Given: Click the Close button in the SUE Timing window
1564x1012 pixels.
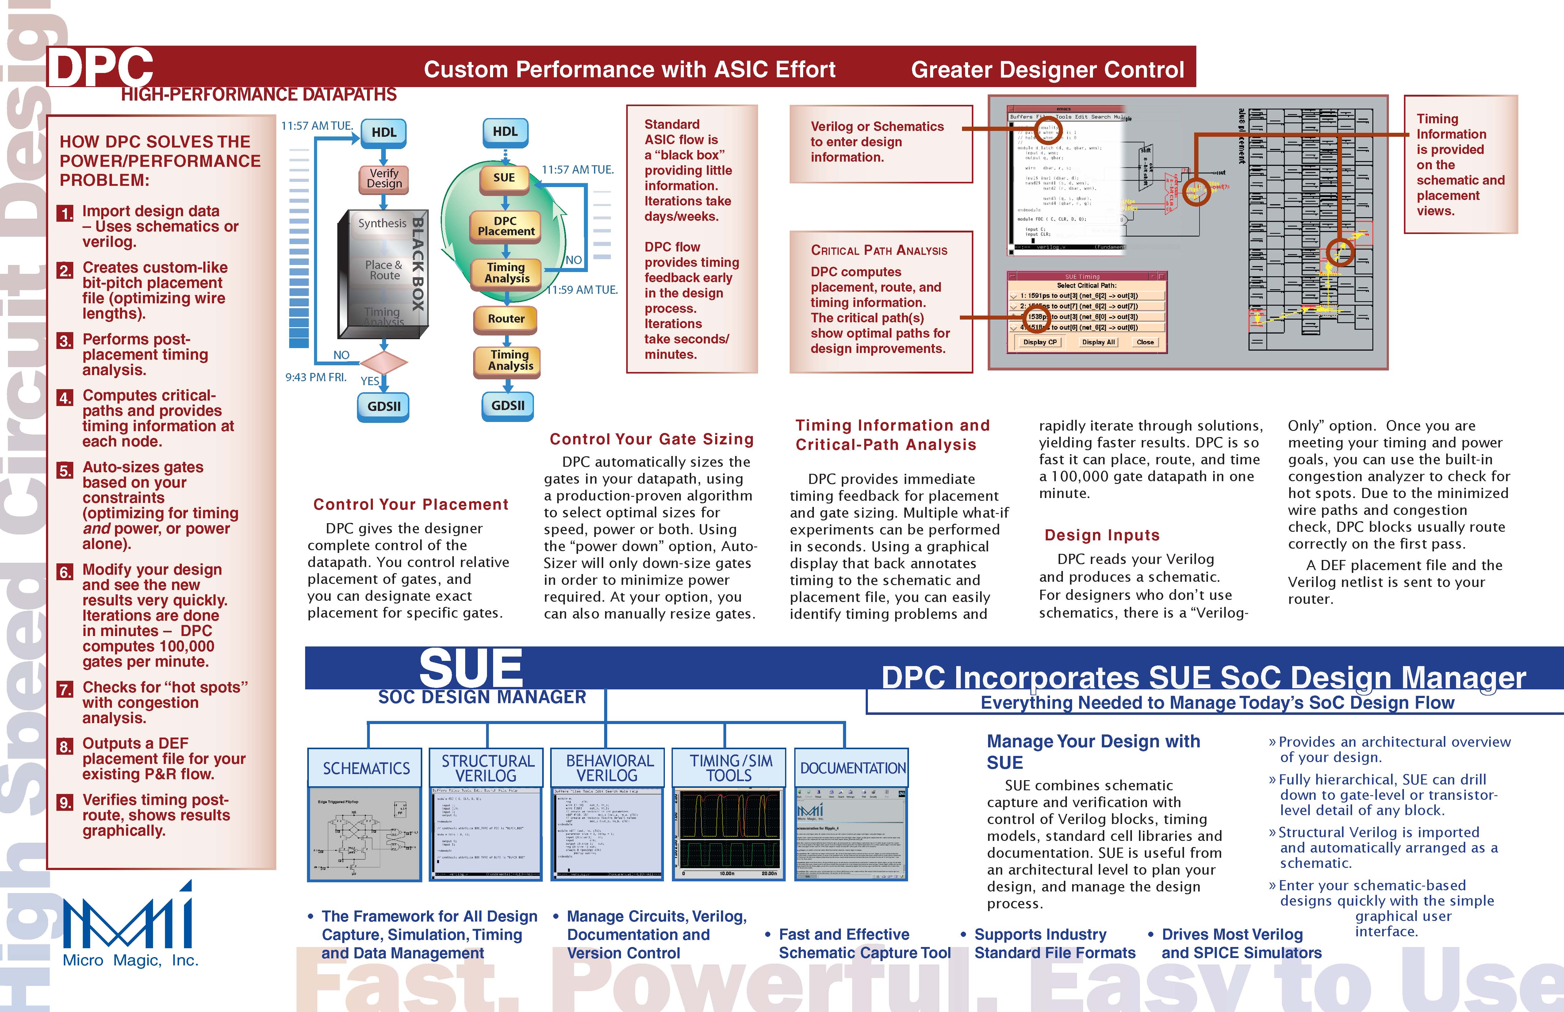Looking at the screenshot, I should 1145,342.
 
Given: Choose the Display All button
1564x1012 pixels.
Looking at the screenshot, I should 1098,342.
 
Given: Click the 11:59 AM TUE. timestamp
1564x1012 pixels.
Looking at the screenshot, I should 582,290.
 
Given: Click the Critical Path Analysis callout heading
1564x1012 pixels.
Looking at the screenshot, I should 879,250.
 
